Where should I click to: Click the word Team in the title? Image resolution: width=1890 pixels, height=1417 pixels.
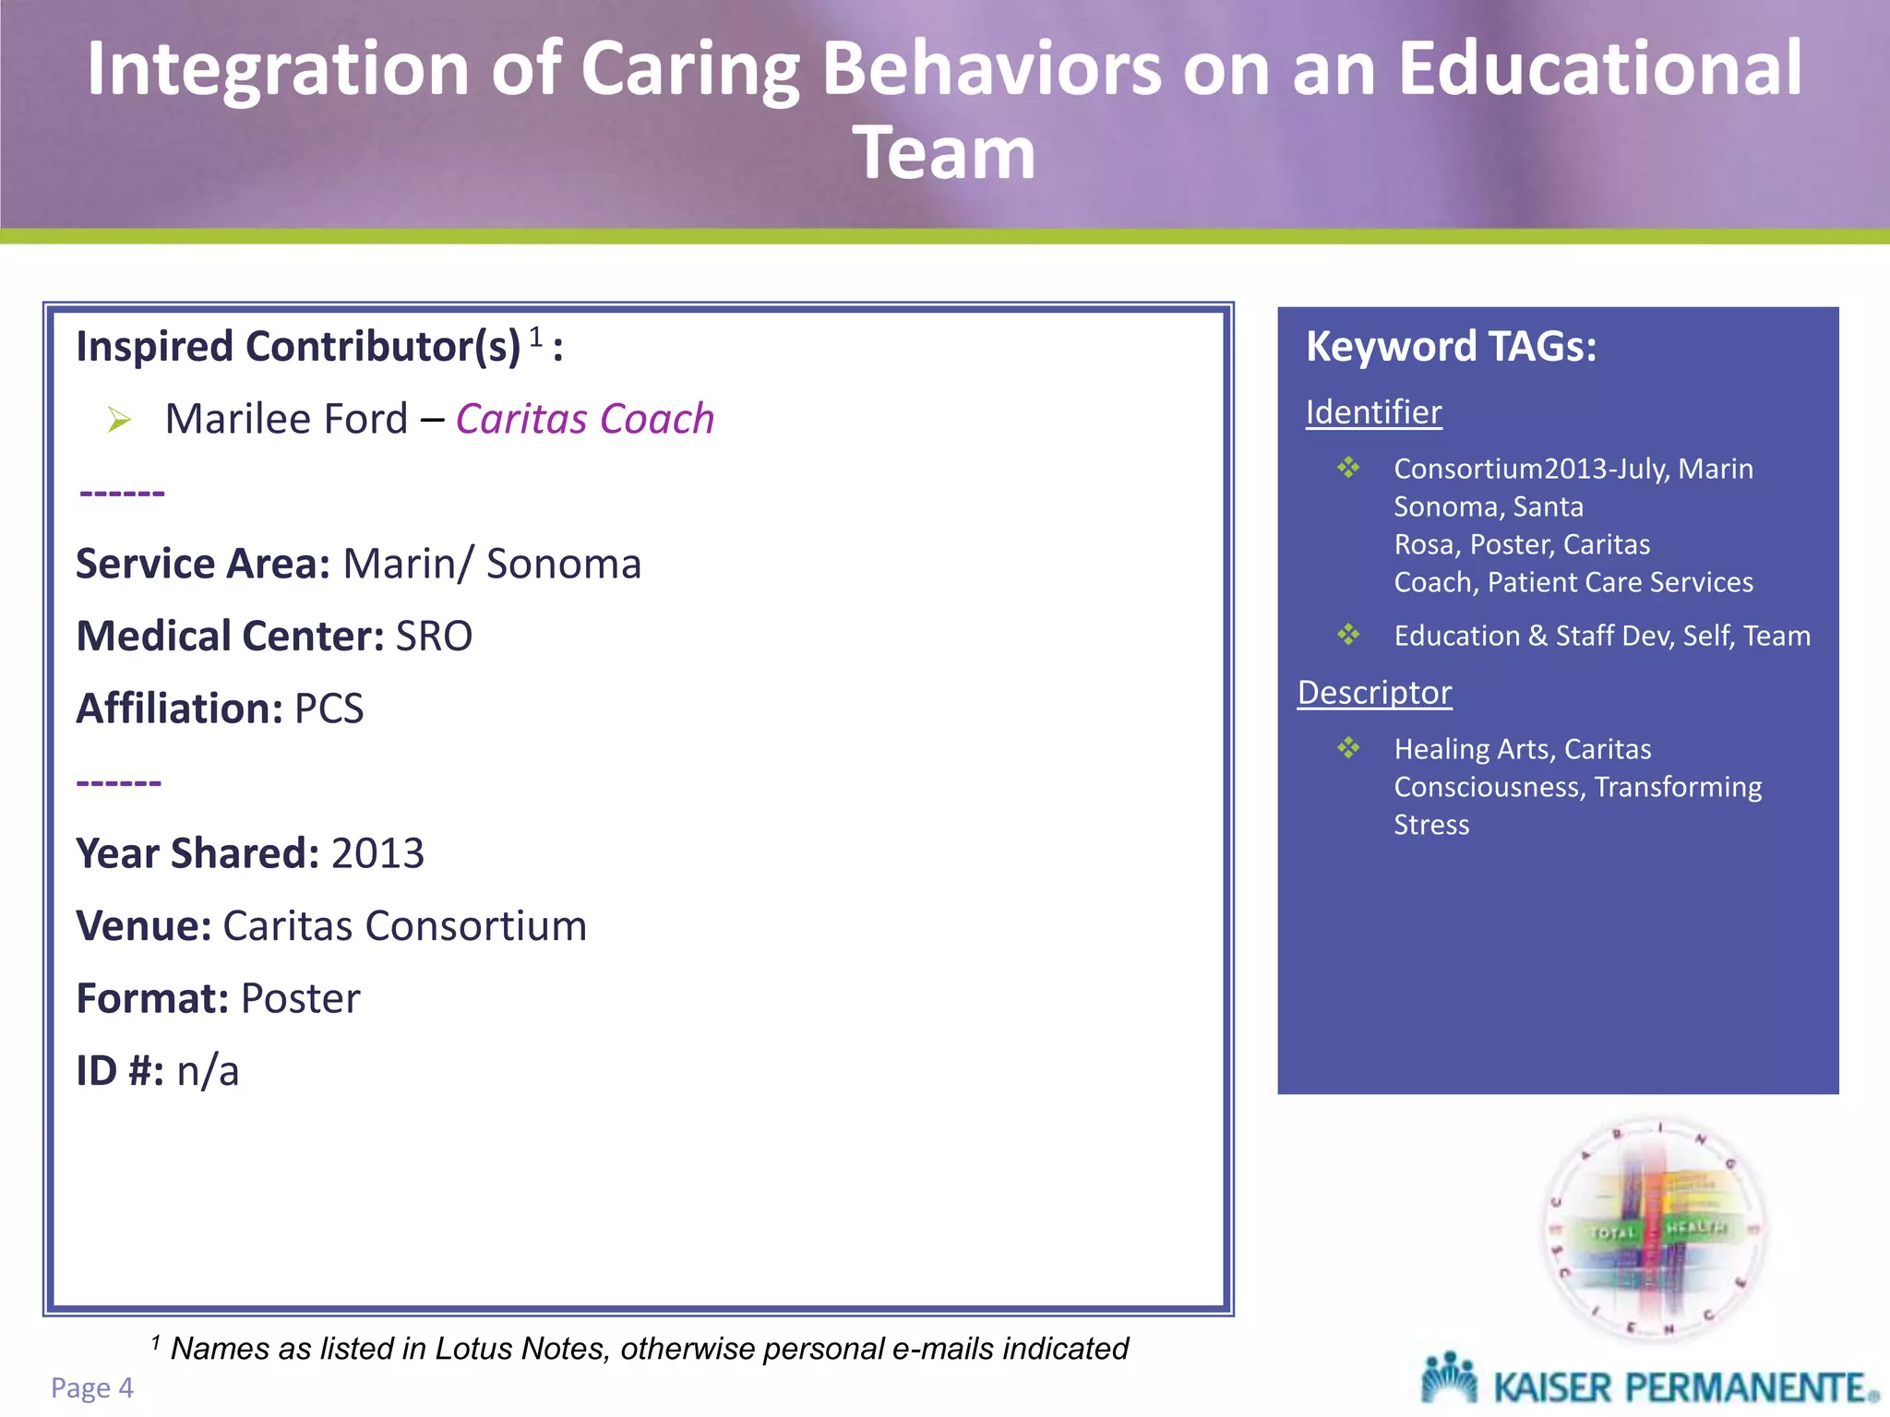[944, 153]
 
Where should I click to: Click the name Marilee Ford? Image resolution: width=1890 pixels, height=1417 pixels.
[286, 419]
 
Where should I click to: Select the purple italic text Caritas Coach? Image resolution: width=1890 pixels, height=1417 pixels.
[585, 419]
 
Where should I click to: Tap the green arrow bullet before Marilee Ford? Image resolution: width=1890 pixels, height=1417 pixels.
[119, 421]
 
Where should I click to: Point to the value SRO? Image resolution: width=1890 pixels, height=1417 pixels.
[434, 637]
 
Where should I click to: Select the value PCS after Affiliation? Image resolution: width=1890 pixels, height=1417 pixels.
[329, 708]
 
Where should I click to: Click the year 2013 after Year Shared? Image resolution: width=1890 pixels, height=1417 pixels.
[377, 853]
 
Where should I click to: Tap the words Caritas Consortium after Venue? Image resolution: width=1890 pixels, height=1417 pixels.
[404, 926]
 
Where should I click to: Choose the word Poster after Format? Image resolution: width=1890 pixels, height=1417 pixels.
[300, 998]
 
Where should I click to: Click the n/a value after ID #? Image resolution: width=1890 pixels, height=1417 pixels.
[208, 1071]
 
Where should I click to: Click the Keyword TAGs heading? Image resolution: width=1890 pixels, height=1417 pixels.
[1451, 347]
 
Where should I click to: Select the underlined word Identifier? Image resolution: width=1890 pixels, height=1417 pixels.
[1373, 412]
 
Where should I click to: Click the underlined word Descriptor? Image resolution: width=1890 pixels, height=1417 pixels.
[1374, 693]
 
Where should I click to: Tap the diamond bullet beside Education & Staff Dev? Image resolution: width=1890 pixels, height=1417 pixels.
[1348, 635]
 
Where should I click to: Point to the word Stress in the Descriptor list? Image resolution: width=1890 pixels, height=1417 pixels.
[1430, 825]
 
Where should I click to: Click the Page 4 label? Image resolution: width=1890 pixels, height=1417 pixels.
[92, 1387]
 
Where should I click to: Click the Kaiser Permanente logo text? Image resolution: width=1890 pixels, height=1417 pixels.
[1684, 1387]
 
